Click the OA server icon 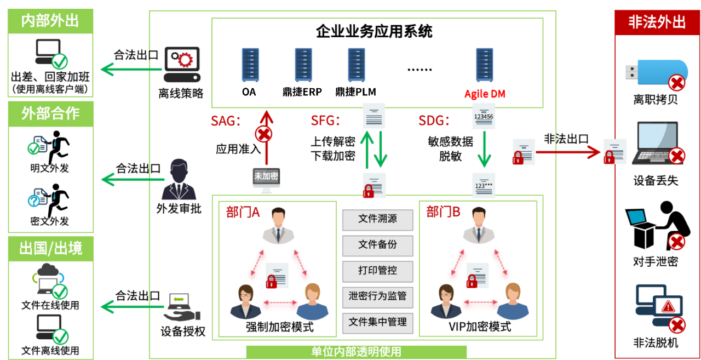250,65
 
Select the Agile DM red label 485,94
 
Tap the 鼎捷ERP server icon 303,65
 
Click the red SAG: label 226,121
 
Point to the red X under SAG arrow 264,134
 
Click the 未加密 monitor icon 266,179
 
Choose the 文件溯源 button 377,219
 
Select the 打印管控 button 377,271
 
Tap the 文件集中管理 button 377,322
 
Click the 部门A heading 243,212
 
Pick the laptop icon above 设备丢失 654,144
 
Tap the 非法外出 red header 657,22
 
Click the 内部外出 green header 50,20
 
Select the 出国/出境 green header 50,248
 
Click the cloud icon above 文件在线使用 48,271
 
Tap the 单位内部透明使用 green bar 356,352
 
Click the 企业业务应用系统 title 374,31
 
